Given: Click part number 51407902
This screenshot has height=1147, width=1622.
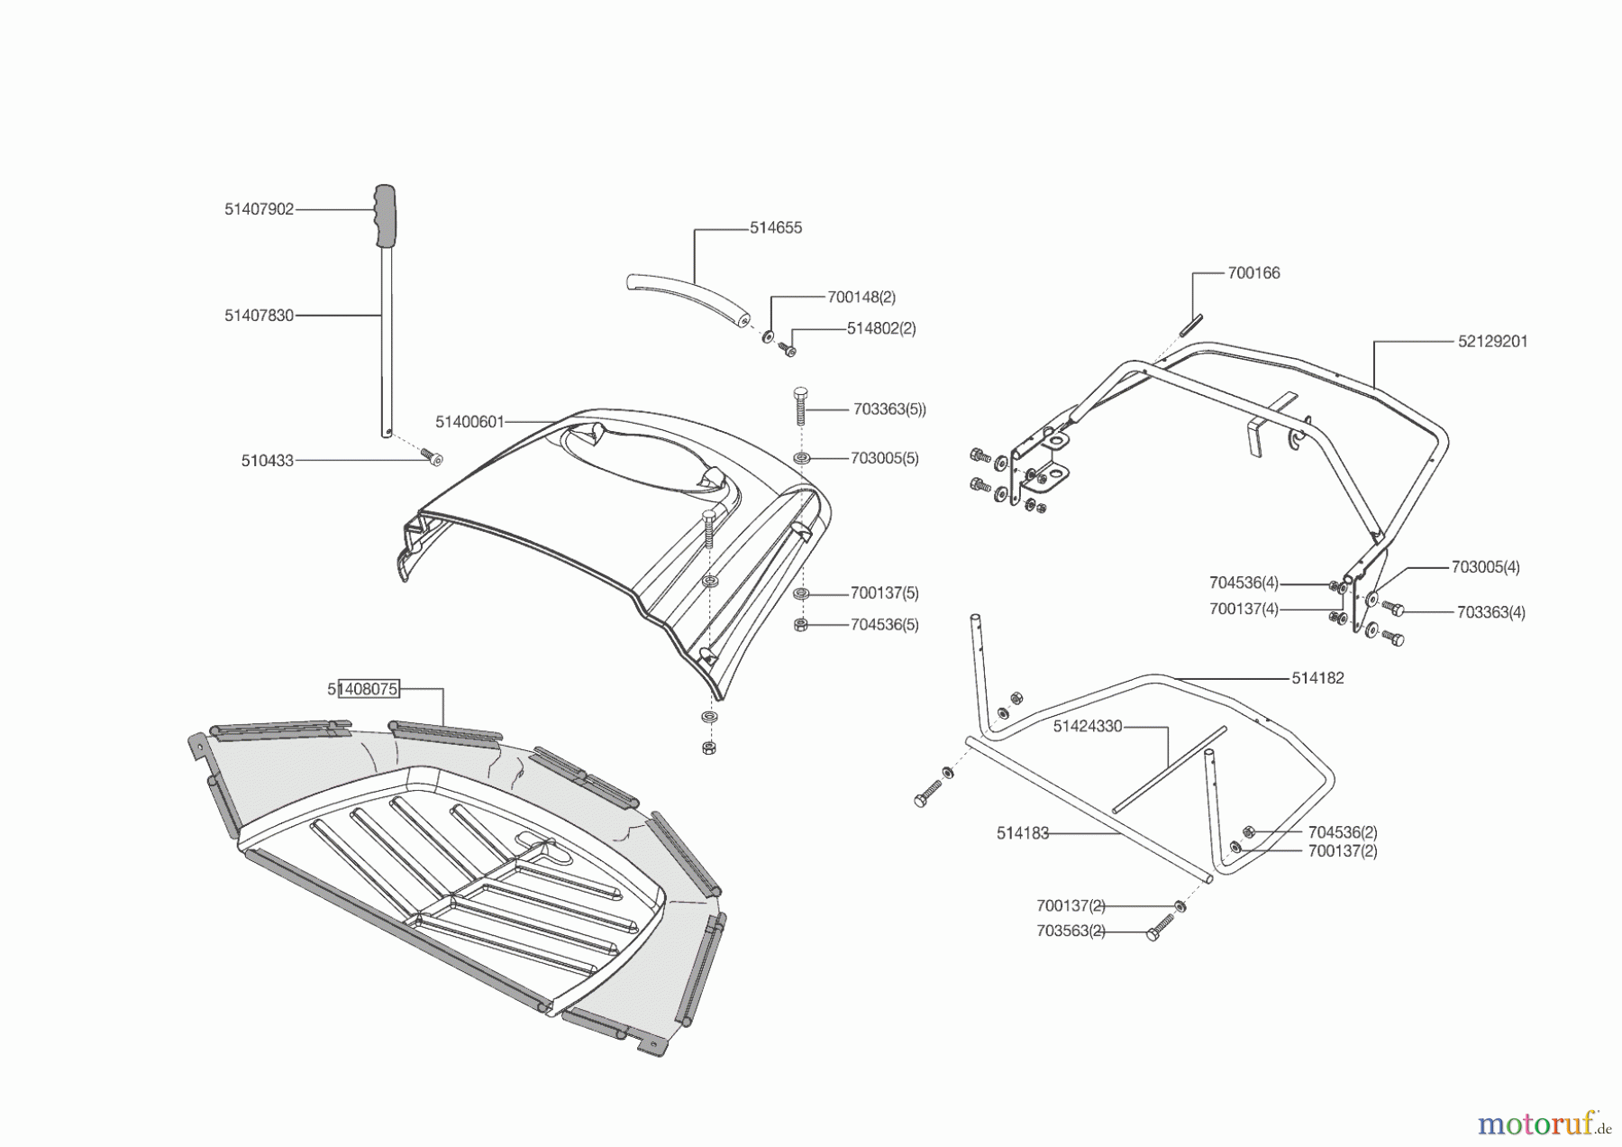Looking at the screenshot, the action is [x=260, y=209].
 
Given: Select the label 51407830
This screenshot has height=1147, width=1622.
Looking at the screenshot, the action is [x=260, y=316].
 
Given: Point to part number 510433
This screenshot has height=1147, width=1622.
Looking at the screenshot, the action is [x=268, y=461].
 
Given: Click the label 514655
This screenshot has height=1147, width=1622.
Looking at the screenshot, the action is [x=776, y=228].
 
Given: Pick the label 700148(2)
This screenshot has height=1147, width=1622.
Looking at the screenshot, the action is [x=861, y=297].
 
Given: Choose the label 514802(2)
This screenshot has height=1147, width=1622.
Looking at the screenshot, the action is [x=881, y=328].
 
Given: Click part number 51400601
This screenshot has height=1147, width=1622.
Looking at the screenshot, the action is [x=469, y=422].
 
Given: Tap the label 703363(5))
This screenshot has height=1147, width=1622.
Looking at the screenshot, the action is [x=889, y=409].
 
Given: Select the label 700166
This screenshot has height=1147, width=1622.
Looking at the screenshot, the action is [x=1253, y=272].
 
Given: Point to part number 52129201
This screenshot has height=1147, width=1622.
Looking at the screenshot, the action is [x=1492, y=342].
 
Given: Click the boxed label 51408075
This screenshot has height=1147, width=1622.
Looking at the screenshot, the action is [x=363, y=690].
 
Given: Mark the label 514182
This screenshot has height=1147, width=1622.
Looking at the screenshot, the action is [x=1317, y=678].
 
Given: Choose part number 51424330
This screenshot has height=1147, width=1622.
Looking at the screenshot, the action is [x=1088, y=726].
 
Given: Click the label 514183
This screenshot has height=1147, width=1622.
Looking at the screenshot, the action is [x=1023, y=833].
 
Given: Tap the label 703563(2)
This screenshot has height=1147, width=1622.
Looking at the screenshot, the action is [x=1071, y=931].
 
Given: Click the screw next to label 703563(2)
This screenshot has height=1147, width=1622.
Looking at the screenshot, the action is [x=1162, y=928].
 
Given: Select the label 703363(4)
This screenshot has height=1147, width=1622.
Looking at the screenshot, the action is [x=1491, y=612].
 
